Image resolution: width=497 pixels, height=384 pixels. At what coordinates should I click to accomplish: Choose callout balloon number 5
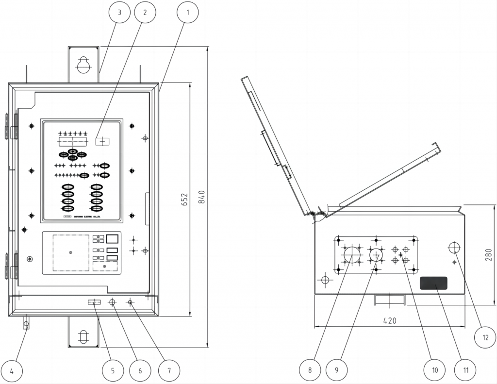[x=113, y=371]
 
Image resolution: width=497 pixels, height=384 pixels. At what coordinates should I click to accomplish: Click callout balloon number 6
[x=140, y=371]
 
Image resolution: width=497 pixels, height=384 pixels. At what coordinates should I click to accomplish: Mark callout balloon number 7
[x=169, y=371]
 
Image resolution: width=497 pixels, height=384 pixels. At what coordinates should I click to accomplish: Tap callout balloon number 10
[x=435, y=370]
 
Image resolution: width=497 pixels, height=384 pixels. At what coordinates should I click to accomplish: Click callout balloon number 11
[x=465, y=370]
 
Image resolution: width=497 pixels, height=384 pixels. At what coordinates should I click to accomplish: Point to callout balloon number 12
[x=485, y=337]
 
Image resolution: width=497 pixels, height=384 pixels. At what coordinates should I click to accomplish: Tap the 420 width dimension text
[x=389, y=320]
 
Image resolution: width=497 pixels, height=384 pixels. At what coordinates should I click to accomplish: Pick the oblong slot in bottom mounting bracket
[x=83, y=336]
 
